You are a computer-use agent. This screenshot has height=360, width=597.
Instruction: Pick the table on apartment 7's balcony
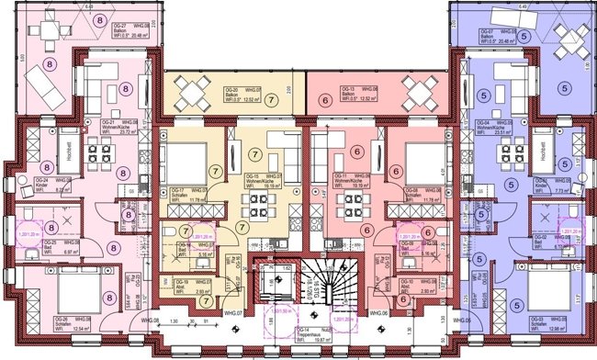[x=195, y=92]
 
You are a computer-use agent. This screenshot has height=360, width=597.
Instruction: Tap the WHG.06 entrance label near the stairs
[x=377, y=314]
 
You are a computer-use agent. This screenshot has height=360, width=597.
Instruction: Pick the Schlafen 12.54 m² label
[x=52, y=323]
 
